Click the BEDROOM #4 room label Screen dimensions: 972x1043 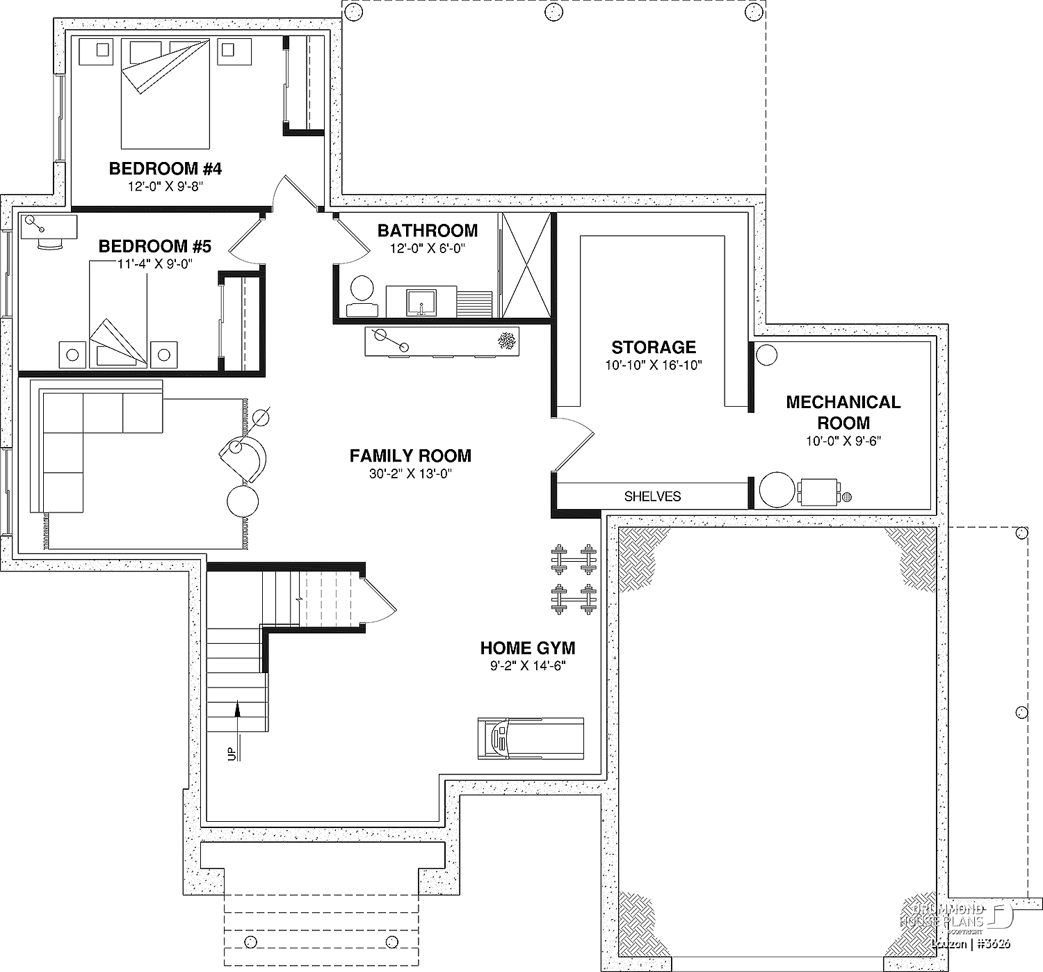tap(165, 168)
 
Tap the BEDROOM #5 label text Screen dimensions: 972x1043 tap(154, 246)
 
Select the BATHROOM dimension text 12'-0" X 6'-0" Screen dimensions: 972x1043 tap(427, 248)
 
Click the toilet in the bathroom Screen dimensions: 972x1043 tap(361, 289)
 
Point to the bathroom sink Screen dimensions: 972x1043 tap(421, 302)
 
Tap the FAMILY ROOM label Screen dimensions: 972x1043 tap(410, 455)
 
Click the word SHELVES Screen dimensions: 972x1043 tap(652, 496)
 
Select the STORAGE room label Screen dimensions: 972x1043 tap(654, 347)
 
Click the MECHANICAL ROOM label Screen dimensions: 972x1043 tap(843, 412)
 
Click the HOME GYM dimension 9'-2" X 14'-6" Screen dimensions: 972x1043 tap(528, 665)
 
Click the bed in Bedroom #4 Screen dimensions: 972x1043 tap(165, 94)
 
